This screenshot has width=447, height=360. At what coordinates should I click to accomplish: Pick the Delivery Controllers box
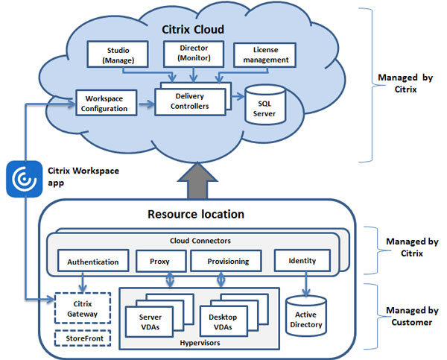190,101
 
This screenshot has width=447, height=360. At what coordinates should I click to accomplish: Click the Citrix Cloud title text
194,30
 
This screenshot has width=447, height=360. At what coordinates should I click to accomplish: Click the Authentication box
92,262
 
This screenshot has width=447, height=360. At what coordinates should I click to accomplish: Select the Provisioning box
224,262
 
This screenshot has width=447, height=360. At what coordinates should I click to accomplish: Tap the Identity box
301,262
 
